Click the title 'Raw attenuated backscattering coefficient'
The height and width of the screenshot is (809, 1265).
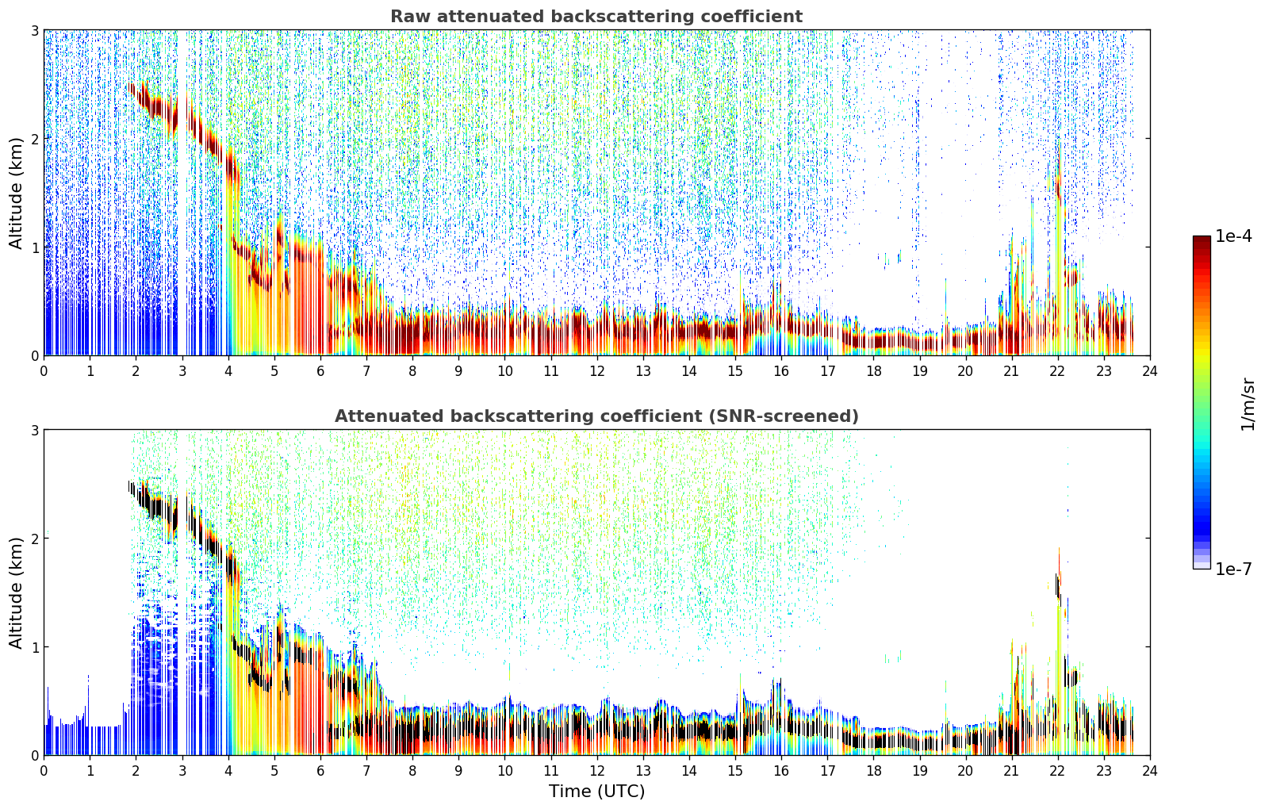[x=596, y=17]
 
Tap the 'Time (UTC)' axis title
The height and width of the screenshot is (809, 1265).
[x=596, y=791]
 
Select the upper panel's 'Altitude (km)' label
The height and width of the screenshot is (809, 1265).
[x=15, y=193]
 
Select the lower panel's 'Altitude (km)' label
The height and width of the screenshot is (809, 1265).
[x=15, y=592]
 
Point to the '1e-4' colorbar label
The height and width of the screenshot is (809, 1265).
[x=1234, y=236]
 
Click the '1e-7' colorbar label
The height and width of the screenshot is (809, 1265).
[x=1234, y=569]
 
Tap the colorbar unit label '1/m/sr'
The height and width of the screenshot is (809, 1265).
[x=1248, y=404]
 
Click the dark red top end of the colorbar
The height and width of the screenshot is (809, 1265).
[x=1202, y=239]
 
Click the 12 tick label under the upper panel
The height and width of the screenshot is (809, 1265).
[x=596, y=371]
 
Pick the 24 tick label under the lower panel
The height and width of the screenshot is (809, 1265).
[x=1150, y=771]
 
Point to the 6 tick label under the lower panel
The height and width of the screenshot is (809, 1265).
[x=320, y=771]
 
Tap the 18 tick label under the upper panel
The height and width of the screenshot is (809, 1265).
[x=873, y=371]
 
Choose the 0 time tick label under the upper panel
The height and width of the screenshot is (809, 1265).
[x=44, y=371]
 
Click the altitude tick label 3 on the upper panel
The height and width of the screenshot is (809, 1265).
[x=34, y=30]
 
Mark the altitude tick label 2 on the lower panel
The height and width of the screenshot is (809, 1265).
[x=34, y=539]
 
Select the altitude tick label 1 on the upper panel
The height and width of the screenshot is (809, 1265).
[x=34, y=247]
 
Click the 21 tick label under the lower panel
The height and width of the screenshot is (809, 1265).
[x=1011, y=771]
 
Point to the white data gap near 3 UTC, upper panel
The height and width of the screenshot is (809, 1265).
[x=182, y=192]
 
